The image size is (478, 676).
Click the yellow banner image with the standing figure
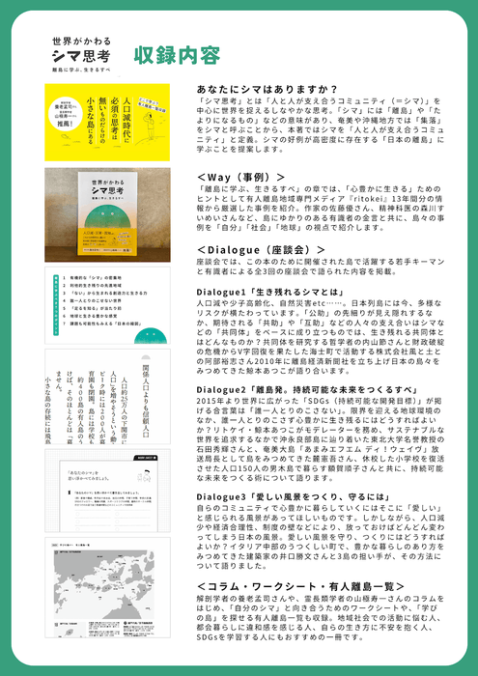click(x=106, y=122)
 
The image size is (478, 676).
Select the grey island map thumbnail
click(x=106, y=589)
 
